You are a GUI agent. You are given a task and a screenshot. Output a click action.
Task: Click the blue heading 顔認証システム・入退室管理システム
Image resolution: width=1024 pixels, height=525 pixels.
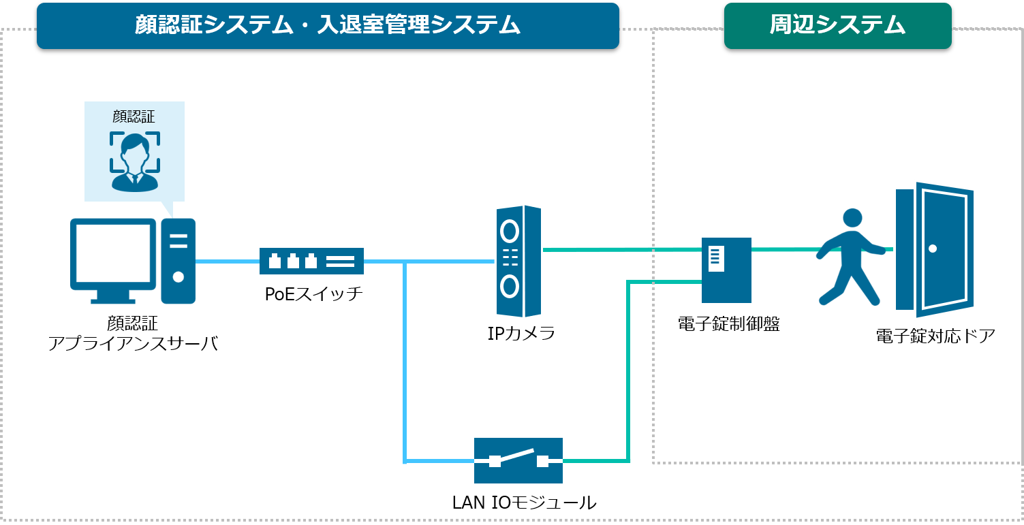pyautogui.click(x=328, y=25)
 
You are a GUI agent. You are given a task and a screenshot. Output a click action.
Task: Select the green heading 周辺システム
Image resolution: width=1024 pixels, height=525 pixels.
pyautogui.click(x=837, y=25)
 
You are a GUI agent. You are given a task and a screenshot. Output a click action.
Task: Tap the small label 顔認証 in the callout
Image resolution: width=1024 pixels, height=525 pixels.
pyautogui.click(x=134, y=117)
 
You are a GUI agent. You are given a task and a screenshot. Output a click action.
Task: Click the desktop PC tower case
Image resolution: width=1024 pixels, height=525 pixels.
pyautogui.click(x=178, y=261)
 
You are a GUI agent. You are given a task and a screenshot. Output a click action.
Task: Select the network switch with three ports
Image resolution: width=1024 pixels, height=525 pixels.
pyautogui.click(x=311, y=261)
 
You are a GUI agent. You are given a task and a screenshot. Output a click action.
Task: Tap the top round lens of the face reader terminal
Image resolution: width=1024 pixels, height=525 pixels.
pyautogui.click(x=509, y=232)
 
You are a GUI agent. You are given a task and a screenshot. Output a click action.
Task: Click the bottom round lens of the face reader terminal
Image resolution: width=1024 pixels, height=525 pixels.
pyautogui.click(x=509, y=286)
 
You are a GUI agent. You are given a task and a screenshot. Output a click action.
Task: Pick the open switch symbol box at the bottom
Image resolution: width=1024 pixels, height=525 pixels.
pyautogui.click(x=518, y=460)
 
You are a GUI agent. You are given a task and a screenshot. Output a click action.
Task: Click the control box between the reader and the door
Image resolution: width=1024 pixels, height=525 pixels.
pyautogui.click(x=726, y=270)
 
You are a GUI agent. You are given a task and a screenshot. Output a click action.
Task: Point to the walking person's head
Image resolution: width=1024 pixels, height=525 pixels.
pyautogui.click(x=852, y=218)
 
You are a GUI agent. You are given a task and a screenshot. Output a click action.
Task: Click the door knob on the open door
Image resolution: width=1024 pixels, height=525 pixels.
pyautogui.click(x=933, y=249)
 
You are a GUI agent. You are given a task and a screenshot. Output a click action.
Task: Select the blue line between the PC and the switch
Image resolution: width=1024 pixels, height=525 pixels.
pyautogui.click(x=227, y=261)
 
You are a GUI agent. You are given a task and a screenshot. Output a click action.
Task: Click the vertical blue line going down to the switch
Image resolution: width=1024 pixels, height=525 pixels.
pyautogui.click(x=405, y=361)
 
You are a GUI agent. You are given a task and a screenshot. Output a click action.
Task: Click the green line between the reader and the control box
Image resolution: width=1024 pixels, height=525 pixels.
pyautogui.click(x=620, y=249)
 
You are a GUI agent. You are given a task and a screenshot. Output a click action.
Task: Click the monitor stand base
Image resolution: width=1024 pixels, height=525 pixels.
pyautogui.click(x=112, y=300)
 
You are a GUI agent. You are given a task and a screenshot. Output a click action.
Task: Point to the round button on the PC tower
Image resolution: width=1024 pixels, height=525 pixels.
pyautogui.click(x=178, y=277)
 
